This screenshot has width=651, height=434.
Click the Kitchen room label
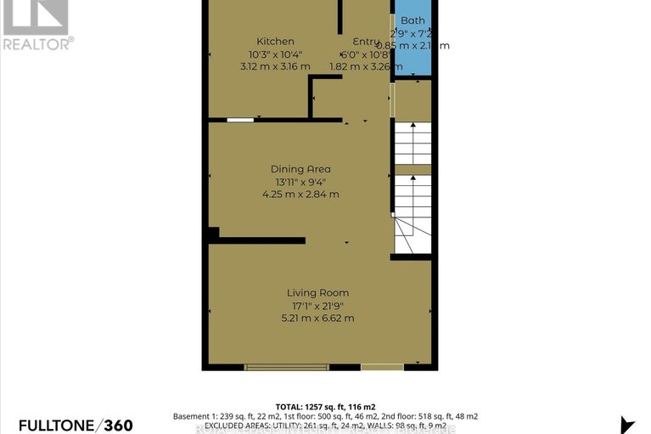(x=275, y=41)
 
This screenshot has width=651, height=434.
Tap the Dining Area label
(x=300, y=168)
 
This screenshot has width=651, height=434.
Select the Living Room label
(x=317, y=293)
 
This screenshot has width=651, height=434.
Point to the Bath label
(x=413, y=20)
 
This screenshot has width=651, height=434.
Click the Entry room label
(x=367, y=41)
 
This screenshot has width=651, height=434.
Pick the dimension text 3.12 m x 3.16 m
(x=275, y=65)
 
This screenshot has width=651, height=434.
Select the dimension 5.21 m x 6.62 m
(x=317, y=318)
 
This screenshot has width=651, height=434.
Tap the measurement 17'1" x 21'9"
(x=317, y=306)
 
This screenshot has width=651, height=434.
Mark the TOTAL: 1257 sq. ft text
(x=325, y=406)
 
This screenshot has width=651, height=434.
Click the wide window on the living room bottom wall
(x=286, y=367)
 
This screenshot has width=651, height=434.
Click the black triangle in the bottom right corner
(x=628, y=425)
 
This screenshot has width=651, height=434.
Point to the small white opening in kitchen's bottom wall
(x=240, y=120)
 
